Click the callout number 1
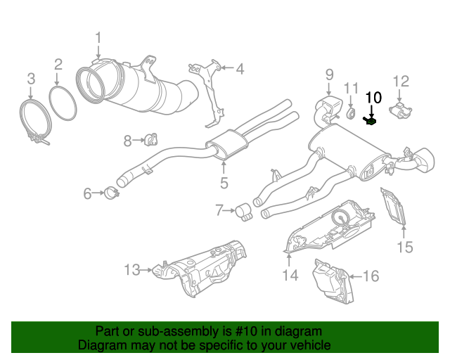tap(98, 38)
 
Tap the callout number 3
tap(30, 77)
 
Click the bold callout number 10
tap(373, 97)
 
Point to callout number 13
tap(132, 269)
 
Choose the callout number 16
tap(371, 276)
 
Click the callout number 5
tap(224, 184)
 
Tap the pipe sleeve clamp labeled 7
tap(244, 211)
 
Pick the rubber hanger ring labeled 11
tap(352, 114)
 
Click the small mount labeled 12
tap(401, 110)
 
